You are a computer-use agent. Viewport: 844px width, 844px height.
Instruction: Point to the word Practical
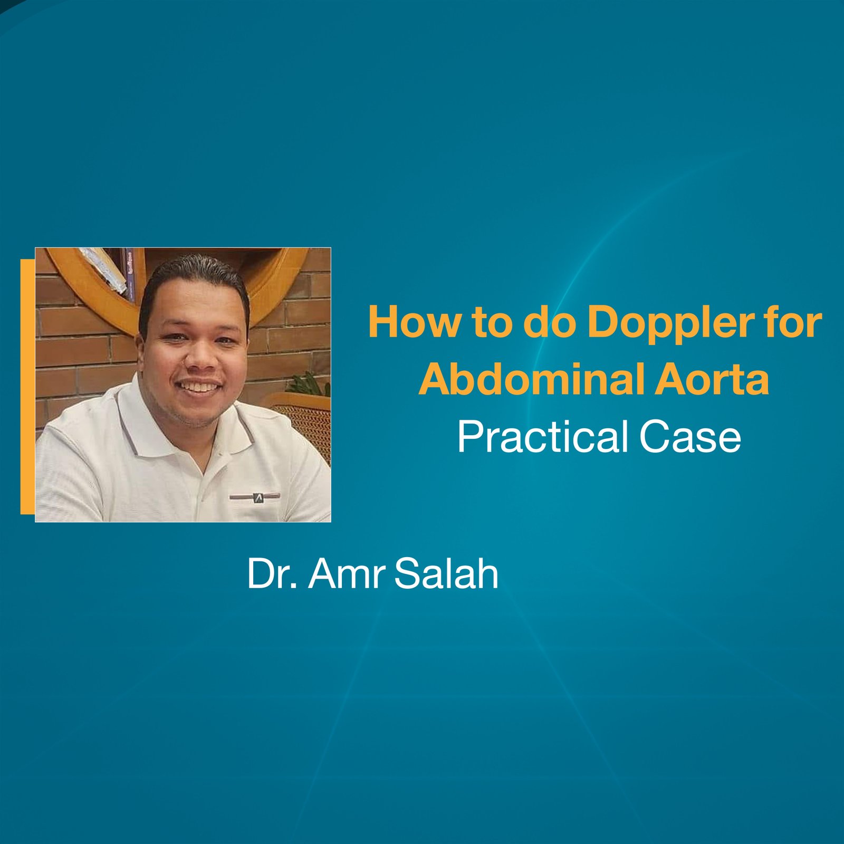point(543,437)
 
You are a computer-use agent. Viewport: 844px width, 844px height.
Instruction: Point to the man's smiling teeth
point(200,387)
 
